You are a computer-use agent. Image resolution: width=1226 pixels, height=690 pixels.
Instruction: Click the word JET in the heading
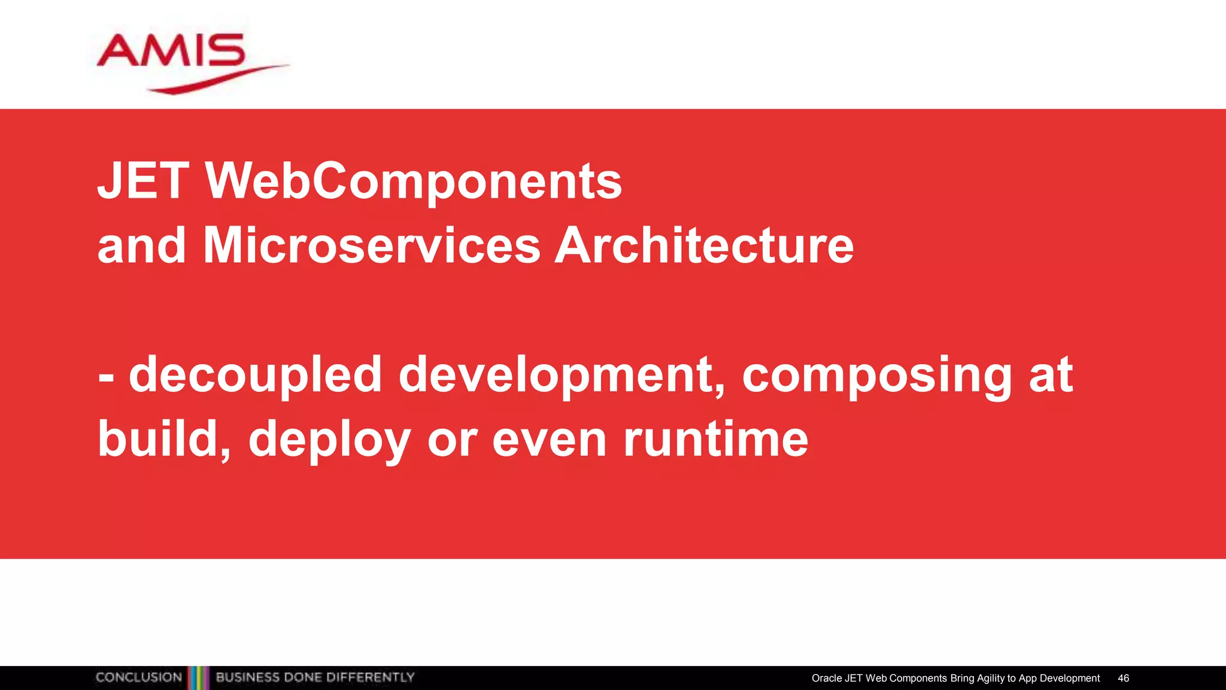[x=143, y=181]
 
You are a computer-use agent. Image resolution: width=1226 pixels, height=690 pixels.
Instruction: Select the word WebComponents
[x=414, y=182]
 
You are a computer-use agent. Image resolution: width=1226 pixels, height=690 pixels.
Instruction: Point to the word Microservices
[x=372, y=246]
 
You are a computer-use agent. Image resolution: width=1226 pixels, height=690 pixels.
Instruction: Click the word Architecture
[x=704, y=246]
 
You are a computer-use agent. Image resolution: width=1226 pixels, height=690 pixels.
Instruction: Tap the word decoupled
[x=255, y=375]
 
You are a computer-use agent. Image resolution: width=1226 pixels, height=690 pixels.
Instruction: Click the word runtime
[x=716, y=440]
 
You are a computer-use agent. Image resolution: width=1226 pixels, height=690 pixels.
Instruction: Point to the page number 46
[x=1123, y=678]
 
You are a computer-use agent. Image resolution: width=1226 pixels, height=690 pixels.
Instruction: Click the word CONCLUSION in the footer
[x=138, y=677]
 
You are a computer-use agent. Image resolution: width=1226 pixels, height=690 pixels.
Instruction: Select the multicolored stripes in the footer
[x=199, y=677]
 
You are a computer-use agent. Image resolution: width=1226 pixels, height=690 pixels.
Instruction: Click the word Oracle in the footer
[x=826, y=678]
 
